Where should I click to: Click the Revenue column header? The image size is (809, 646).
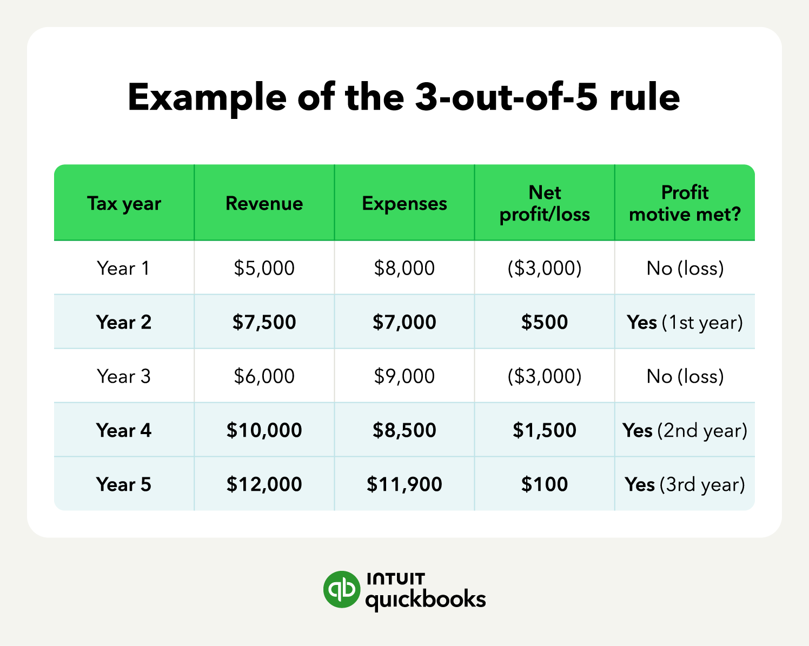pos(264,203)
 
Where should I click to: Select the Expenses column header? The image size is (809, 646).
pos(404,203)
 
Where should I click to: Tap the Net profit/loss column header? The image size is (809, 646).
pos(545,203)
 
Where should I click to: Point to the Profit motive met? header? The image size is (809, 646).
pos(685,203)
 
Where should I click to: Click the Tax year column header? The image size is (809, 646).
pos(124,203)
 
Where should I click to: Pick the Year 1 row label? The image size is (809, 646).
pos(123,268)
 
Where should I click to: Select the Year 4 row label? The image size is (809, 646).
pos(123,430)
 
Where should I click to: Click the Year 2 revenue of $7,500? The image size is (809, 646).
pos(264,322)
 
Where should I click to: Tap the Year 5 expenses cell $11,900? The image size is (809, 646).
pos(404,484)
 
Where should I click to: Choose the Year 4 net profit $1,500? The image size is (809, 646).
pos(545,430)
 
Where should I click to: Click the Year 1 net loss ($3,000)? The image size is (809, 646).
pos(545,268)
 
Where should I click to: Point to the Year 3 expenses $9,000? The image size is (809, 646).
pos(404,376)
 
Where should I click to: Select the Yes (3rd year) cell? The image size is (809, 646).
pos(685,484)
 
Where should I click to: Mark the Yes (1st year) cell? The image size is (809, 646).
pos(685,322)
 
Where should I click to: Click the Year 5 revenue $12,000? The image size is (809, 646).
pos(264,484)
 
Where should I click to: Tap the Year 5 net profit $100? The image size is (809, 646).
pos(545,484)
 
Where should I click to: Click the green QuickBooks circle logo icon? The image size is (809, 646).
pos(341,589)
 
